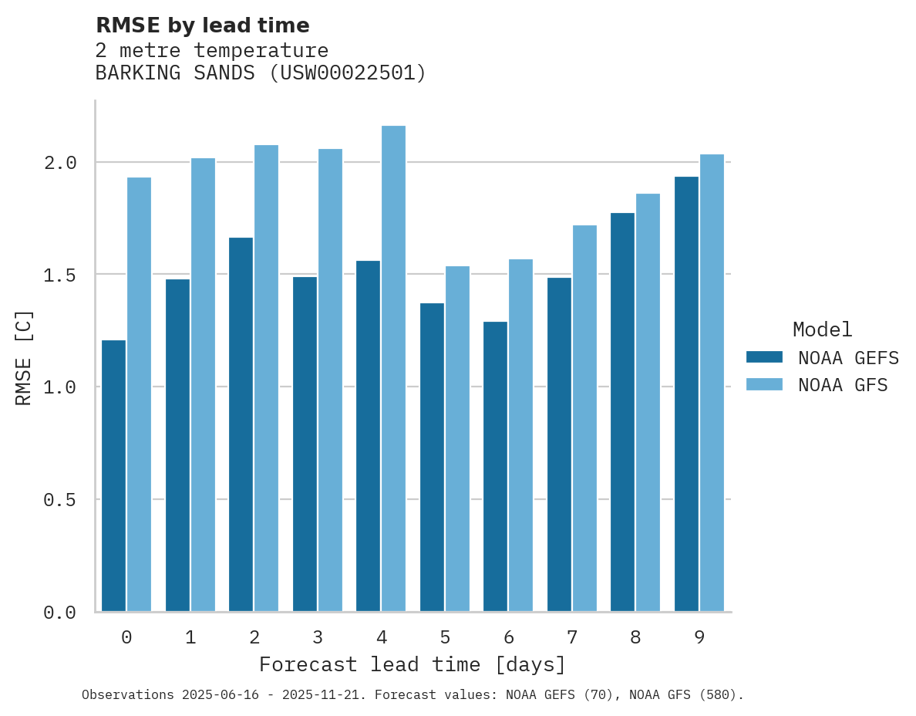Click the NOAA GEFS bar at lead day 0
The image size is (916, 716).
tap(113, 475)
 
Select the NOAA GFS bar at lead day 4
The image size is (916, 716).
tap(393, 368)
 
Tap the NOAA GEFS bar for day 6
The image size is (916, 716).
tap(495, 466)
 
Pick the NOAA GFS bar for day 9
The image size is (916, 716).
tap(712, 383)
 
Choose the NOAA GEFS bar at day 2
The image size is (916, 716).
tap(241, 424)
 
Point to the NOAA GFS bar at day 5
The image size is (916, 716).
tap(457, 438)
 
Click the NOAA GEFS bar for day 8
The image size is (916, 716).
tap(622, 412)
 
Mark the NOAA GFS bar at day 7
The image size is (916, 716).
tap(584, 418)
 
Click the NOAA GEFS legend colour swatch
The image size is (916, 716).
tap(764, 357)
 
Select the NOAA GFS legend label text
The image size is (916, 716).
tap(843, 385)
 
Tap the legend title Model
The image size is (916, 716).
tap(823, 329)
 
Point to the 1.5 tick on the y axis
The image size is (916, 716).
tap(59, 275)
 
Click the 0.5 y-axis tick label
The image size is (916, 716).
tap(59, 501)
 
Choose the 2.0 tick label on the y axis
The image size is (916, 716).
tap(59, 163)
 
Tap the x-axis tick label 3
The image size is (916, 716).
tap(318, 637)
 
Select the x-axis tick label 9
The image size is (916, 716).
tap(699, 637)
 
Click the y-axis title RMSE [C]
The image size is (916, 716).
tap(24, 357)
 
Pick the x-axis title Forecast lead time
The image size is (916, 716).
tap(413, 664)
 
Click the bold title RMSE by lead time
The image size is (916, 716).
tap(202, 25)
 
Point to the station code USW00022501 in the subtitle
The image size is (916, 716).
tap(348, 73)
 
